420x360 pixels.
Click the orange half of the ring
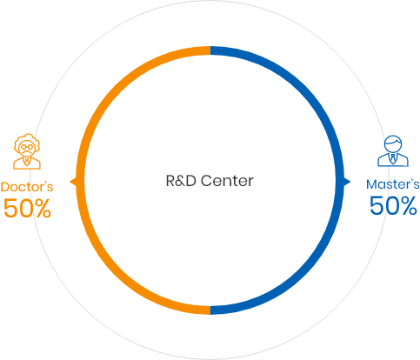pos(81,180)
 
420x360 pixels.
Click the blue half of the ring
pos(340,180)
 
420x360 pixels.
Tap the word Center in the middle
pos(227,181)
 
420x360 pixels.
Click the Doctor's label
pos(27,187)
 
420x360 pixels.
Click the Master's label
pos(393,184)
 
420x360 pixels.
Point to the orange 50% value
pos(27,208)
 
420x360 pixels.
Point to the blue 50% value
pos(393,205)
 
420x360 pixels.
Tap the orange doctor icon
pos(27,151)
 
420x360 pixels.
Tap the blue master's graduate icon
pos(393,151)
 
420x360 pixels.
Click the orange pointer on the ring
pos(73,182)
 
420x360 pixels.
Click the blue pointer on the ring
pos(347,182)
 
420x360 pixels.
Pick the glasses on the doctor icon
pos(27,147)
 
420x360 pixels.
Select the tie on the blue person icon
pos(393,158)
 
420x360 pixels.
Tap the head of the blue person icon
pos(393,143)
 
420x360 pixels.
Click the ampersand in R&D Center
pos(181,181)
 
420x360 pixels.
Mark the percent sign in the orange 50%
pos(43,208)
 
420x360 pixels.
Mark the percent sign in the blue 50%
pos(409,205)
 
